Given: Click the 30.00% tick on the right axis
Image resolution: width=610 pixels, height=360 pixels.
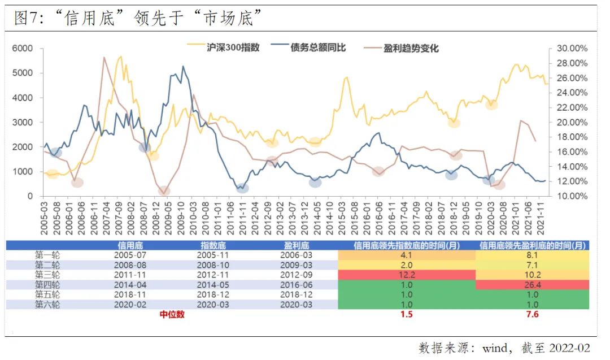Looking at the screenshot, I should [572, 49].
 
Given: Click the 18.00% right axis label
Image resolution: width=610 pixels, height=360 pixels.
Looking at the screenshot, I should [572, 137].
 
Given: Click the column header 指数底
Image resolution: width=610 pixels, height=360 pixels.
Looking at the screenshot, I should [213, 246].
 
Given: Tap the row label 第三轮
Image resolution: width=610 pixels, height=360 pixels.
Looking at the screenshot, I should [47, 275].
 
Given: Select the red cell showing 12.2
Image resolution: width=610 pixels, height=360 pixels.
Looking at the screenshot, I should [406, 275].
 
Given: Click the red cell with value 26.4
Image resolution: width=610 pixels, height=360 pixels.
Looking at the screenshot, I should [532, 285].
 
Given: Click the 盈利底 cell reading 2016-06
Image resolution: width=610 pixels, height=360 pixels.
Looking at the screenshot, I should [297, 285].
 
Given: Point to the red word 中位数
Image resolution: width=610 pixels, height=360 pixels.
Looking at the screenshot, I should [172, 315].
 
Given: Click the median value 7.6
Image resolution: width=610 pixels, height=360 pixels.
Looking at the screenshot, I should [532, 315].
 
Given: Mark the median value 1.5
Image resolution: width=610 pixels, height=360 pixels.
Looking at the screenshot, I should [406, 315].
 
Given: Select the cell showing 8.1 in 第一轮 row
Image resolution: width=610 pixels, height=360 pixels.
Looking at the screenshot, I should [532, 255].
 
